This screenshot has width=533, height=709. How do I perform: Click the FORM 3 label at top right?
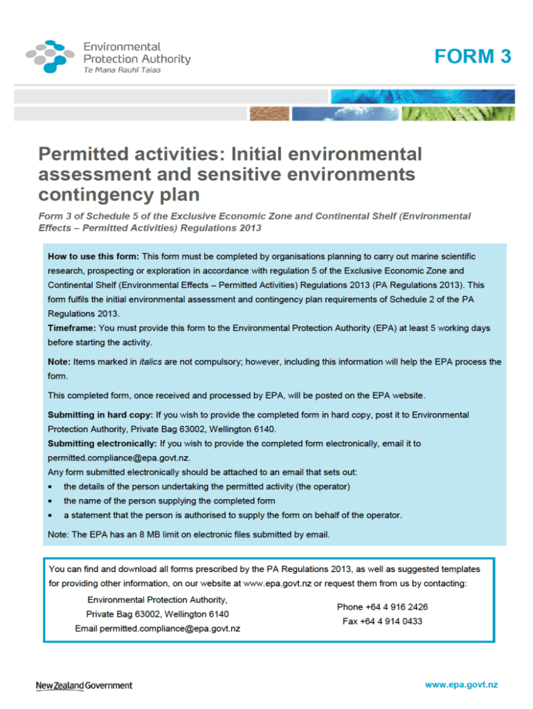point(473,57)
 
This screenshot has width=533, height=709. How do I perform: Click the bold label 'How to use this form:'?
point(93,256)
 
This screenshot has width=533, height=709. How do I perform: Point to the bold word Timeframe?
point(71,327)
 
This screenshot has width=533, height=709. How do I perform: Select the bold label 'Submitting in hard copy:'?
point(100,415)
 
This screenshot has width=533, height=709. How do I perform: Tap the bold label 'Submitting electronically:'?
point(102,443)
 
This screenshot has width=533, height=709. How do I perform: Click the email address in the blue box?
point(118,458)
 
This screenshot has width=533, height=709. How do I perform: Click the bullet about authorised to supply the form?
point(233,515)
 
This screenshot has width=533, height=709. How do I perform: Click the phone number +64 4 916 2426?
point(382,607)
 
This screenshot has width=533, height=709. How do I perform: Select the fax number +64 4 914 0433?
point(382,621)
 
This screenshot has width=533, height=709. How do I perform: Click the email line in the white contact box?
point(158,629)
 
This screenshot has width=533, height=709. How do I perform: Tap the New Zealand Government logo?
point(84,685)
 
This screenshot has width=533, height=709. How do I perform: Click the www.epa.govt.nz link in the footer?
point(461,685)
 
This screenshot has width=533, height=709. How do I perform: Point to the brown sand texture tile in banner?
point(269,113)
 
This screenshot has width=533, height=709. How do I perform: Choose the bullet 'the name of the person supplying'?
point(170,501)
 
